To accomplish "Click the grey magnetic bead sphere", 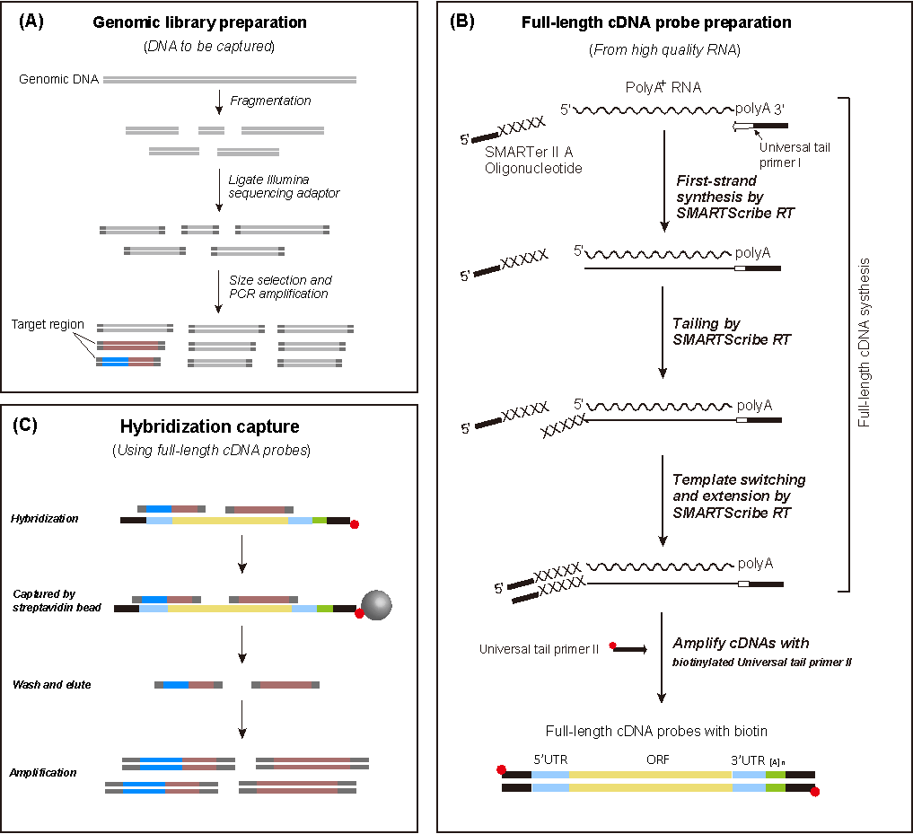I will point(377,605).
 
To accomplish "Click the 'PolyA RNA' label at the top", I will point(663,88).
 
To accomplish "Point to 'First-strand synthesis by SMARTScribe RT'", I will point(735,198).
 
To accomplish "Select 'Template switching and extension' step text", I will point(739,496).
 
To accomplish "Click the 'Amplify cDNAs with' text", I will point(741,643).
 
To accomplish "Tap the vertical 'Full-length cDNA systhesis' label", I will point(865,342).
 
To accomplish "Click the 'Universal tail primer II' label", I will point(539,649).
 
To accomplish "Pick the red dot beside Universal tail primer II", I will point(612,645).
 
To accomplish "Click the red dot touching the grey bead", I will point(359,614).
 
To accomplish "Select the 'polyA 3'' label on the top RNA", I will point(759,109).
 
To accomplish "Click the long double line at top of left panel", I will point(230,80).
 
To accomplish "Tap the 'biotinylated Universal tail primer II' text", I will point(762,663).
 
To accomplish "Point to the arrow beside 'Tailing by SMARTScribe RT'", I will point(663,332).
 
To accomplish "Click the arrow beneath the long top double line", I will point(219,102).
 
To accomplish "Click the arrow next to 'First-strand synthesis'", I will point(663,180).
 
